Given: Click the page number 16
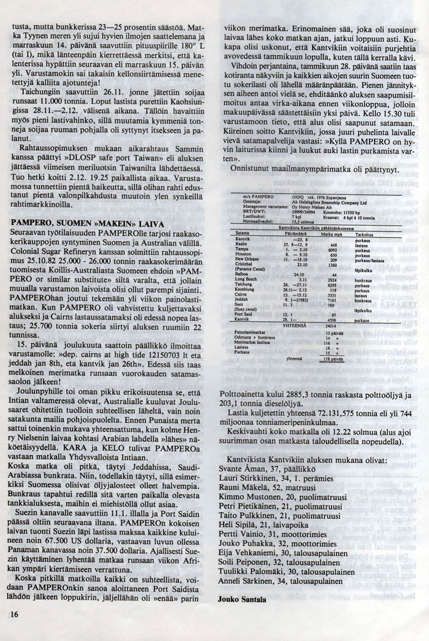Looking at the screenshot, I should (13, 613).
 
